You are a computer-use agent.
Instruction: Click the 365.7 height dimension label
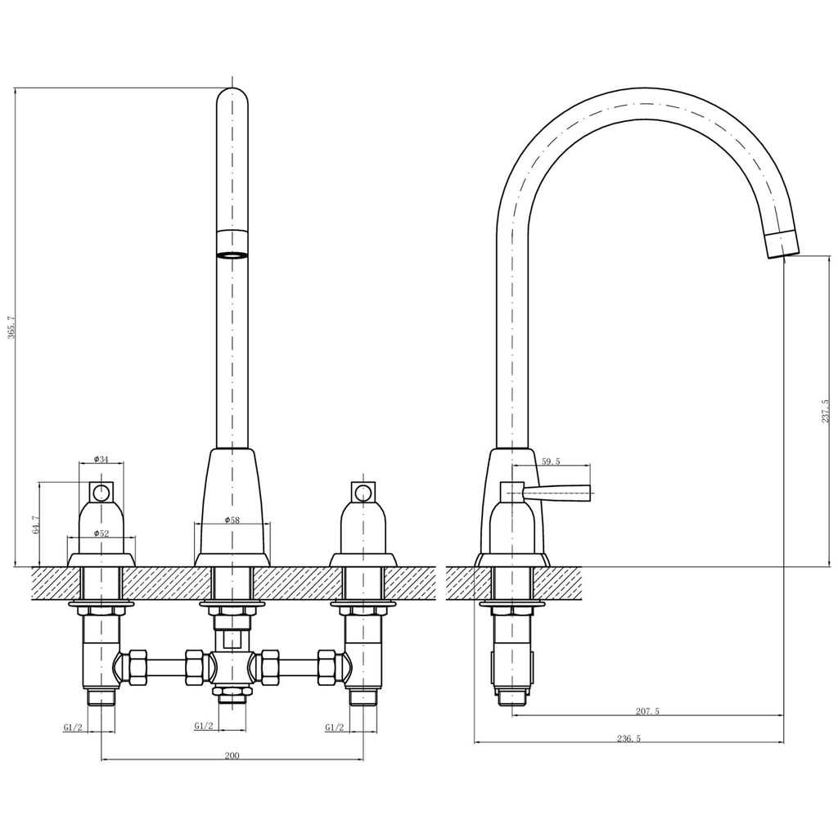tap(11, 327)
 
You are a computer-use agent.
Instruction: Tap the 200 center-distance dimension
tap(232, 755)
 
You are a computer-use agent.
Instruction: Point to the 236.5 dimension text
tap(628, 737)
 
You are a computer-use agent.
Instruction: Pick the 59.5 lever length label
tap(551, 462)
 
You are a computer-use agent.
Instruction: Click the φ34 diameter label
tap(101, 459)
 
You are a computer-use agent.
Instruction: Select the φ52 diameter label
tap(101, 533)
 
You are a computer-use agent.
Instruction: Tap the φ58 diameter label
tap(232, 520)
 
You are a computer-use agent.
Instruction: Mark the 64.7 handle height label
tap(35, 525)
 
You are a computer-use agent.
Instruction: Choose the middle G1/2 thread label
tap(204, 726)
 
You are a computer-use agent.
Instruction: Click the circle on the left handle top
tap(101, 493)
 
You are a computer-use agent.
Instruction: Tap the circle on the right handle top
tap(363, 493)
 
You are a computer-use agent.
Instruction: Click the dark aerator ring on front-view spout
tap(232, 255)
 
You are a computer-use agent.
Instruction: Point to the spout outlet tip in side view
tap(782, 245)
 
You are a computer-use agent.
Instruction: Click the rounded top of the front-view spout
tap(232, 95)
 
